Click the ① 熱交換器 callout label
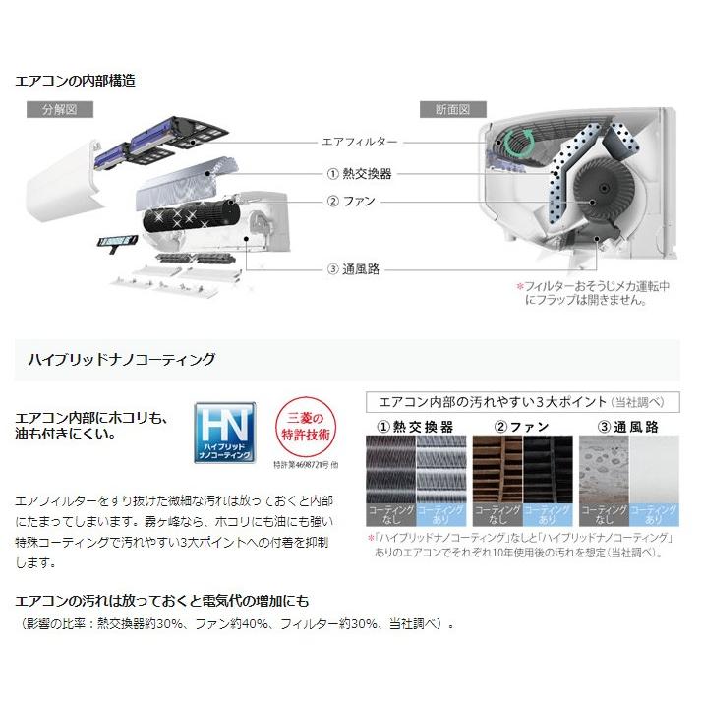359,173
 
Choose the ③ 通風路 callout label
353,268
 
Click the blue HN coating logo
224,431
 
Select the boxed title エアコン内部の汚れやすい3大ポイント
515,402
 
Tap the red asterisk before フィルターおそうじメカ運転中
520,286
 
